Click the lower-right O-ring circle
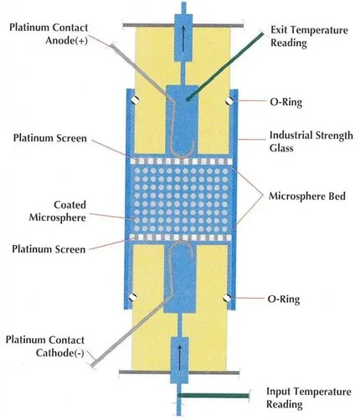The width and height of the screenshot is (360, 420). pos(228,295)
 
